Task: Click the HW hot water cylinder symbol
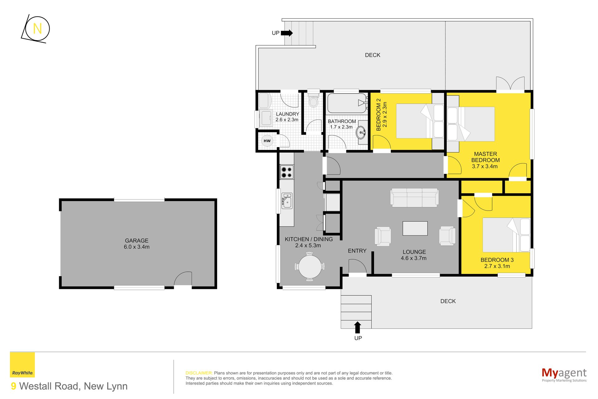pos(267,141)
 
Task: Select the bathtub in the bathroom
pos(347,103)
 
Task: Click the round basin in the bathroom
pos(361,132)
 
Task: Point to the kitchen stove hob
pos(287,172)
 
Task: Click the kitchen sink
pos(287,201)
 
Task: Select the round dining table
pos(310,267)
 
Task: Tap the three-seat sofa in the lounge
pos(414,198)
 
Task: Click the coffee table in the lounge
pos(415,228)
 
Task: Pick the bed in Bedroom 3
pos(506,235)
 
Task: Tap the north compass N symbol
pos(37,29)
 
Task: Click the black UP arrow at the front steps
pos(358,327)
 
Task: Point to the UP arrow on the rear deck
pos(287,33)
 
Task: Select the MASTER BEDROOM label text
pos(485,157)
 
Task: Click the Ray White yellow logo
pos(22,365)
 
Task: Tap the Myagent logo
pos(564,374)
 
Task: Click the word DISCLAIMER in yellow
pos(199,373)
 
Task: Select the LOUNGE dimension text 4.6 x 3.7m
pos(414,258)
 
